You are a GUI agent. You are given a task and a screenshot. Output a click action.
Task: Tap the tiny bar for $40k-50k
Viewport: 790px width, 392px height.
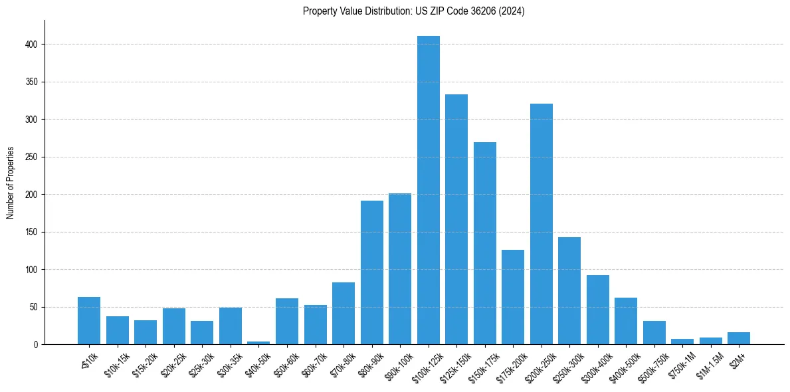point(258,343)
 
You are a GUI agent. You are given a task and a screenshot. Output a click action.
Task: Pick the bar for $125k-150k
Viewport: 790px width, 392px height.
point(456,219)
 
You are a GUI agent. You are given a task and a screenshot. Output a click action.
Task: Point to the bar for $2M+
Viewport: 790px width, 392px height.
point(739,338)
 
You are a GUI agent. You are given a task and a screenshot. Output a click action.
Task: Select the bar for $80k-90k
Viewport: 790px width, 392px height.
point(371,272)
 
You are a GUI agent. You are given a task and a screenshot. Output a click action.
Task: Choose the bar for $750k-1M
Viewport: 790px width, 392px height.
point(682,342)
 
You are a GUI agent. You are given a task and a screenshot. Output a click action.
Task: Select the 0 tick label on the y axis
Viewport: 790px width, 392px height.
point(39,345)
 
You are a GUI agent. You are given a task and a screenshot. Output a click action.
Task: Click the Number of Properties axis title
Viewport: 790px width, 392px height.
point(10,183)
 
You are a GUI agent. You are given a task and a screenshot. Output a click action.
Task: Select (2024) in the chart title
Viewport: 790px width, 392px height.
point(509,11)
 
